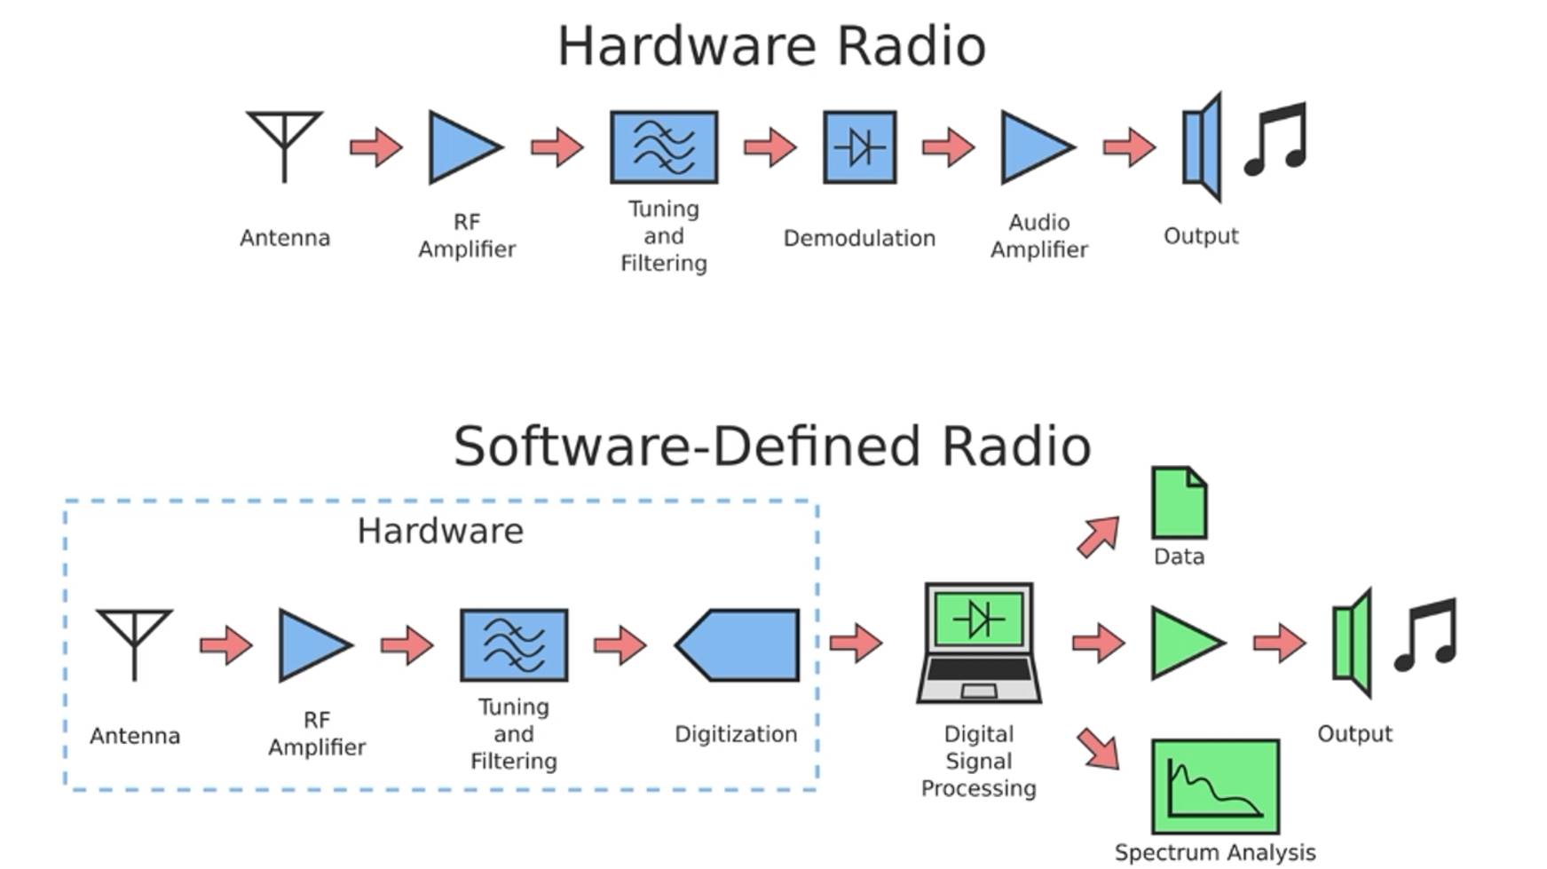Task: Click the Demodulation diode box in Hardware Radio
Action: pos(859,147)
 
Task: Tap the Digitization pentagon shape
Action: pos(738,645)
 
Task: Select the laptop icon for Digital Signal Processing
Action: pos(979,643)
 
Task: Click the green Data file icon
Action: pos(1179,503)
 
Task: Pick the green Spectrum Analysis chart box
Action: pos(1215,786)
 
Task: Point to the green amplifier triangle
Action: pos(1184,643)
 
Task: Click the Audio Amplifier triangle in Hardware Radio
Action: pos(1034,147)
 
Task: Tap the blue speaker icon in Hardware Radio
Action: pos(1203,147)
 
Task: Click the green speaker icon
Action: pos(1353,643)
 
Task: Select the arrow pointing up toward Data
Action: pos(1098,537)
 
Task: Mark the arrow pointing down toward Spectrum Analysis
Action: pos(1098,748)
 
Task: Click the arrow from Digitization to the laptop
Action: pos(856,642)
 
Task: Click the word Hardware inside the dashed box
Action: pos(440,531)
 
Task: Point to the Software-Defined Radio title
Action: pos(772,446)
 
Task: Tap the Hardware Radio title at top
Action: pos(772,46)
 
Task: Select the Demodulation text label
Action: pos(859,238)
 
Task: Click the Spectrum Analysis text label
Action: pos(1215,852)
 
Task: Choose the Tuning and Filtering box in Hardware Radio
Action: pos(664,147)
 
